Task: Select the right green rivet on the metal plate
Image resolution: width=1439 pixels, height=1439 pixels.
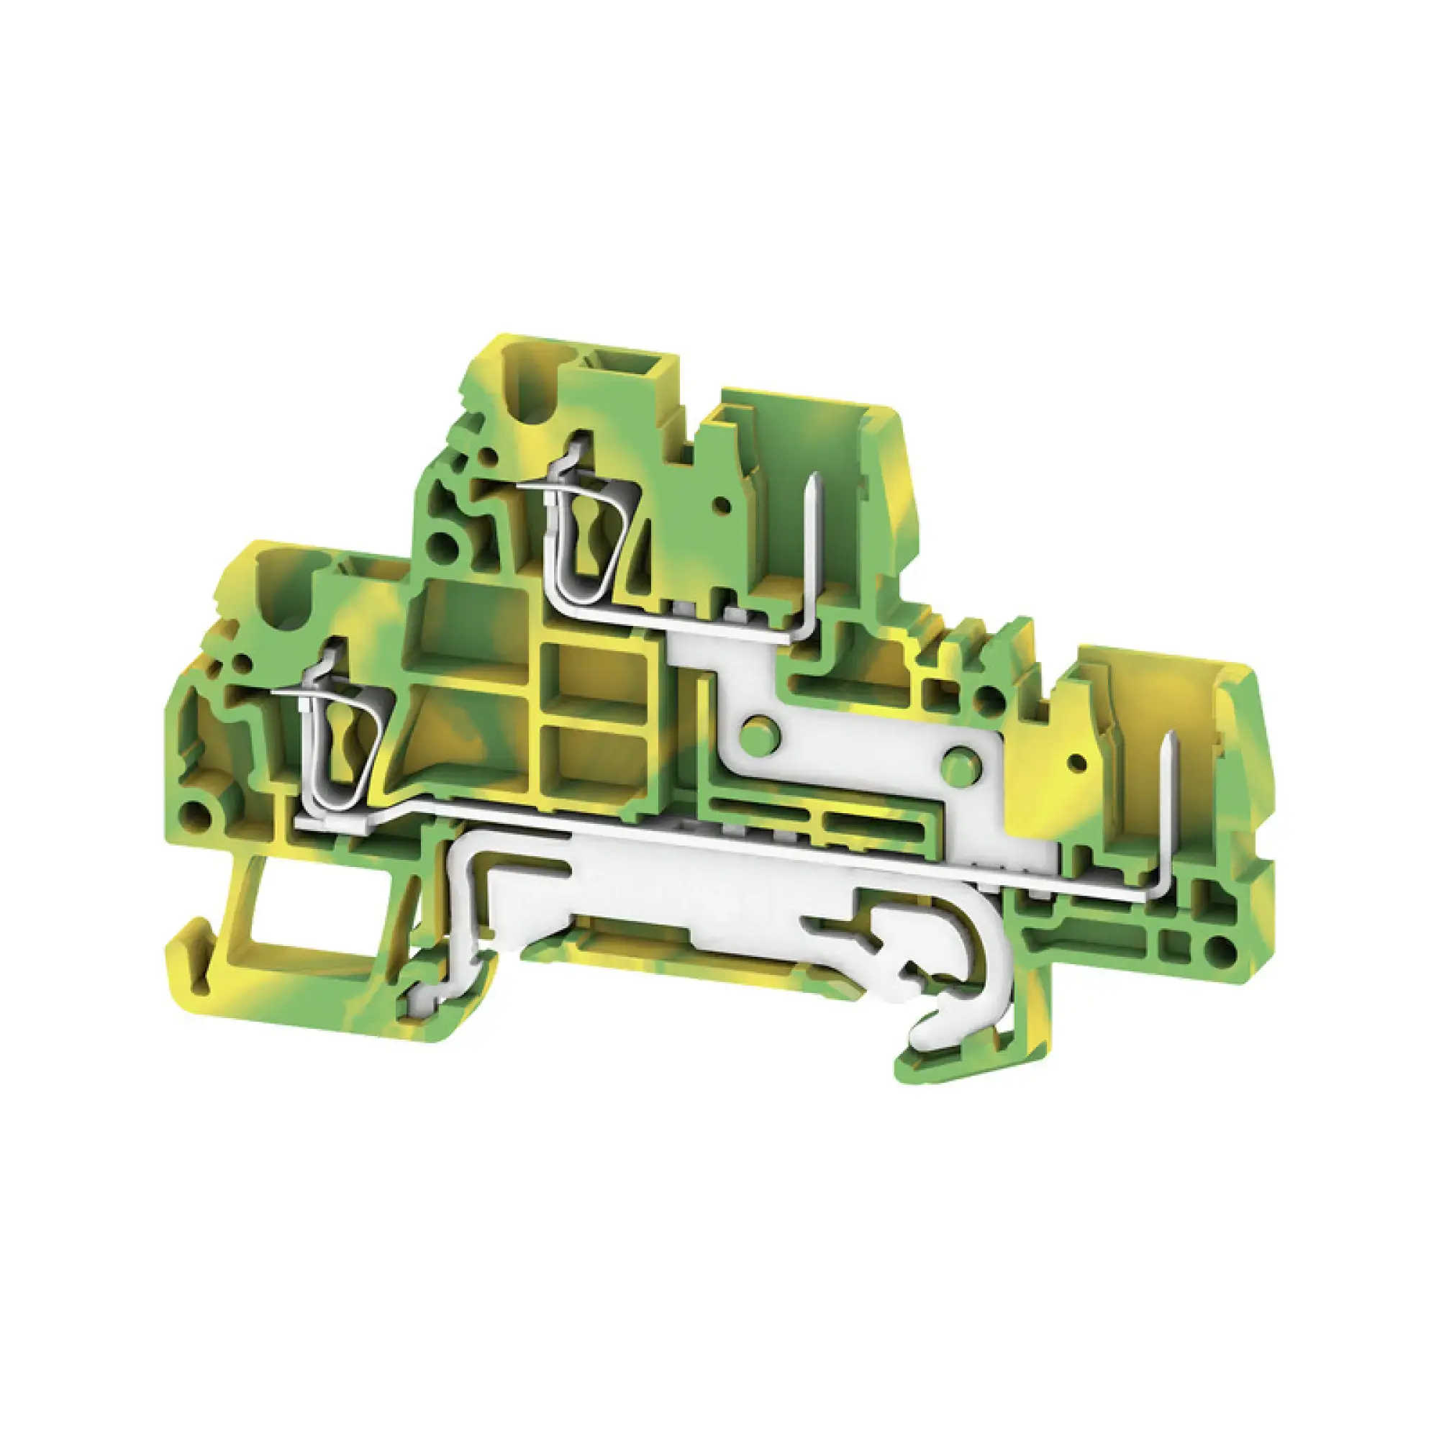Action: tap(958, 766)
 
